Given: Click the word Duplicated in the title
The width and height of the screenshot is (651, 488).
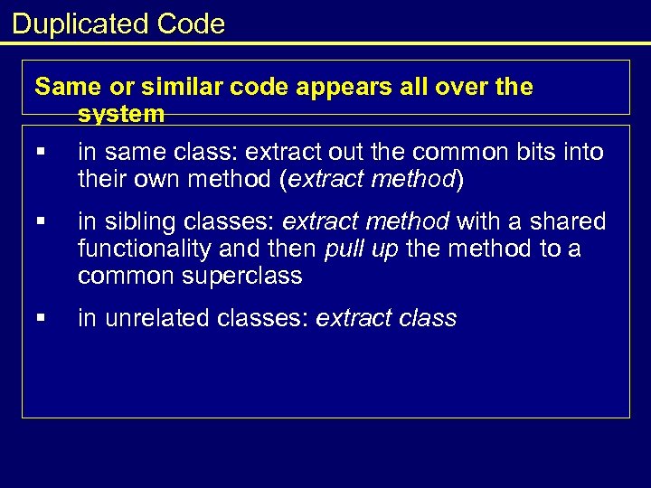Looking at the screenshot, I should coord(80,23).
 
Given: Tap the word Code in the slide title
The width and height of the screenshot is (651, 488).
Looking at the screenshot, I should coord(190,23).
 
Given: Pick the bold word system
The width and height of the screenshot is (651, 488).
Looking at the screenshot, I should coord(121,114).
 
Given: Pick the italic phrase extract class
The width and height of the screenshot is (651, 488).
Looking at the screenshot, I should coord(386,318).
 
